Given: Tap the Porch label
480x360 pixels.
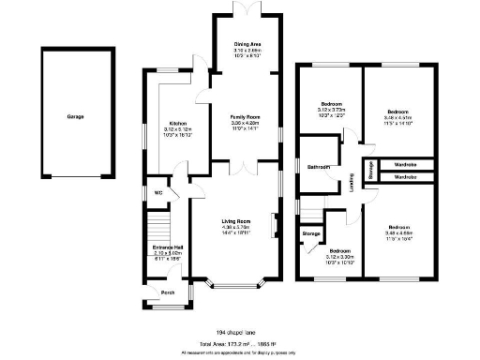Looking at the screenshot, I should [168, 292].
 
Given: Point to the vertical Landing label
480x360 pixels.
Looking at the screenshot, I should [352, 186].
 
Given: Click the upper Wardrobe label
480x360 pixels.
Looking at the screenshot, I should [405, 163].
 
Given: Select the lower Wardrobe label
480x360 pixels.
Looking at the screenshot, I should [405, 175].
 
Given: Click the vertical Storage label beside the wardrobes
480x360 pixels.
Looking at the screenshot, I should [371, 170].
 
